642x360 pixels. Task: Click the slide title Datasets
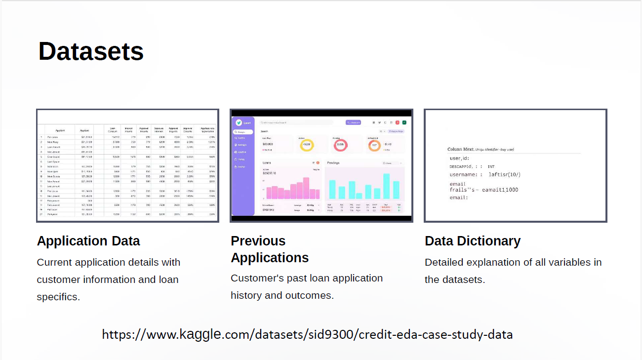pyautogui.click(x=91, y=51)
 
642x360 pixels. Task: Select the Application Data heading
pyautogui.click(x=88, y=241)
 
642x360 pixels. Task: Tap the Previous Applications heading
pyautogui.click(x=270, y=249)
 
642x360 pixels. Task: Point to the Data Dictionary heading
pyautogui.click(x=473, y=241)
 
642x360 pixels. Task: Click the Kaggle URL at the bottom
pyautogui.click(x=307, y=334)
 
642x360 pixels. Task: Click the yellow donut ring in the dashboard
pyautogui.click(x=307, y=145)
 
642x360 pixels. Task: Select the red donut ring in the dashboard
pyautogui.click(x=340, y=145)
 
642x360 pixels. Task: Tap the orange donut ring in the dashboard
pyautogui.click(x=374, y=145)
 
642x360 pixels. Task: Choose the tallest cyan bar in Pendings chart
pyautogui.click(x=386, y=186)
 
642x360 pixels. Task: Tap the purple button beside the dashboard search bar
pyautogui.click(x=353, y=122)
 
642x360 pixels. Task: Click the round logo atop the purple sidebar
pyautogui.click(x=239, y=122)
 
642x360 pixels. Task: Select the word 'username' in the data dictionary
pyautogui.click(x=464, y=174)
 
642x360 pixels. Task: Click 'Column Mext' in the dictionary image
pyautogui.click(x=461, y=149)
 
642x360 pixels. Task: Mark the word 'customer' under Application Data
pyautogui.click(x=61, y=280)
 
